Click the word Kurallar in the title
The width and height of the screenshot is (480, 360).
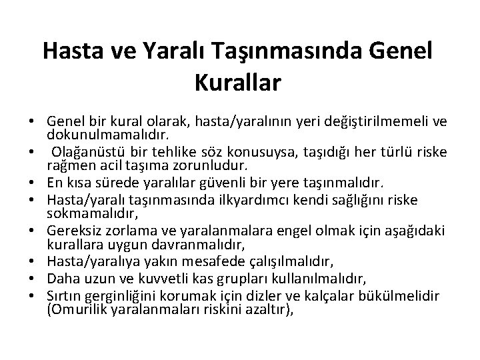(239, 83)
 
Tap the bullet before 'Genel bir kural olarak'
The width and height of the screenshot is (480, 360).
(32, 123)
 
